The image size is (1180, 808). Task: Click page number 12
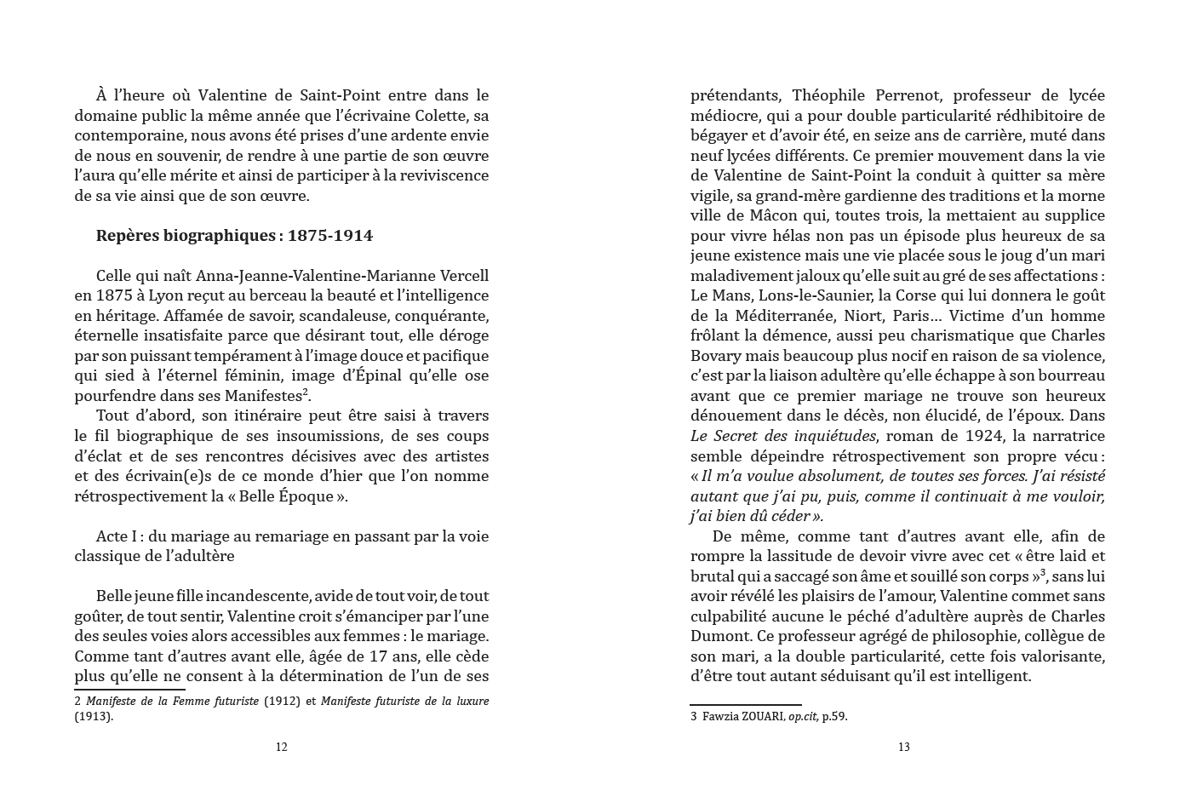(282, 748)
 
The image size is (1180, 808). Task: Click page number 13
(903, 748)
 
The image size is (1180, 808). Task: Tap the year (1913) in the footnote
(93, 717)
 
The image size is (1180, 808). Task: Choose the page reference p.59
(834, 717)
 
